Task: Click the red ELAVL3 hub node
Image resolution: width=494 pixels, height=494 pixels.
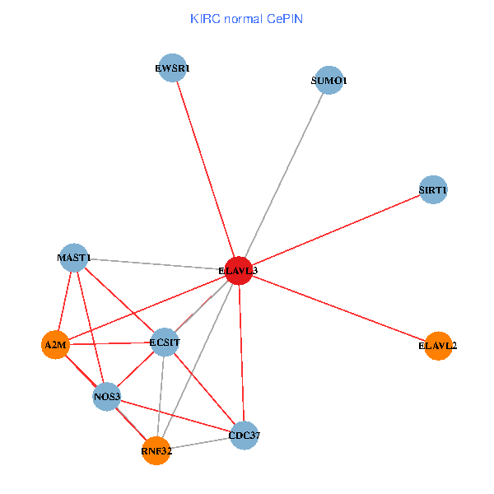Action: click(239, 270)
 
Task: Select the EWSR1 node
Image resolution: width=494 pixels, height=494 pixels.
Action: click(172, 68)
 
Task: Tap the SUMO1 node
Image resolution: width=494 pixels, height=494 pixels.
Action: click(329, 80)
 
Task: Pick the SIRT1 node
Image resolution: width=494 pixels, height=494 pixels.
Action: click(433, 189)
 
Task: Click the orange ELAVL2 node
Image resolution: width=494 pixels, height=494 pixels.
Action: click(438, 346)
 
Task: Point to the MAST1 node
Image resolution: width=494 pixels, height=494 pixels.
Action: click(74, 258)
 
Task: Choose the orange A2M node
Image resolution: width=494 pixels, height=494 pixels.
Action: click(55, 345)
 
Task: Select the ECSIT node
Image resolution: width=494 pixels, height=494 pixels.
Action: click(165, 343)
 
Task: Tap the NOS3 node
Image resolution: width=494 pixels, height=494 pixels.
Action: click(107, 396)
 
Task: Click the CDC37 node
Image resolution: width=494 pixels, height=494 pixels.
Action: click(245, 436)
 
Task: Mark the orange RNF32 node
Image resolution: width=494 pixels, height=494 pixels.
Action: click(156, 451)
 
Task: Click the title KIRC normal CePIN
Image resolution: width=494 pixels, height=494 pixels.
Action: click(246, 19)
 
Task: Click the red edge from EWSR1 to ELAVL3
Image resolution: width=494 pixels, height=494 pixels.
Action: click(205, 169)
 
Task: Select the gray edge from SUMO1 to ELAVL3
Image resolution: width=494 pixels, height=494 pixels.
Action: click(284, 175)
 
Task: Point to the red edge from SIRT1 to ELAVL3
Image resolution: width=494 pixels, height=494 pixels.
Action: click(336, 230)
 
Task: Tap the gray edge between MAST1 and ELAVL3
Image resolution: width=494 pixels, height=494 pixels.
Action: click(156, 264)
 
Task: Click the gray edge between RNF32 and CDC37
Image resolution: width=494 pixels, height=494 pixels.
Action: click(200, 443)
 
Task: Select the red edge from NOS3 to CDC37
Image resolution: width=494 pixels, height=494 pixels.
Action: click(176, 416)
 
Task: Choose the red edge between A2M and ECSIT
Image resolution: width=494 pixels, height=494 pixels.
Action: click(110, 343)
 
